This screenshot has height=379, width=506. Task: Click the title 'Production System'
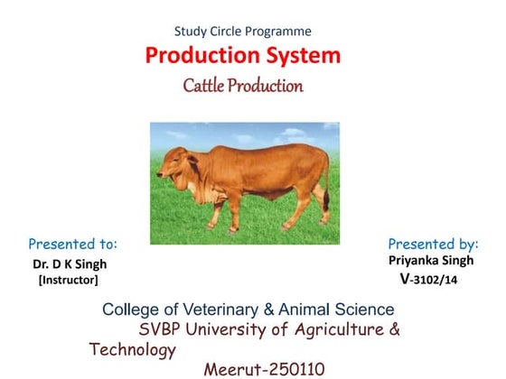243,56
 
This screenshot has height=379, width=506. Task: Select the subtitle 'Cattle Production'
243,87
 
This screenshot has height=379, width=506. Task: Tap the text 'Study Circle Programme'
243,31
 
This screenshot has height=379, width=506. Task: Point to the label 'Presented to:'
73,244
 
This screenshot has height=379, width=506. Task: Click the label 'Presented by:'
433,244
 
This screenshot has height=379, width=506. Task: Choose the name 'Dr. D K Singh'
70,264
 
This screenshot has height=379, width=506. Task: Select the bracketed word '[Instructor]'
68,281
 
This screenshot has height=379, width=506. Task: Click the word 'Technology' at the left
131,349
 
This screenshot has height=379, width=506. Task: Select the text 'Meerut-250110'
261,369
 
